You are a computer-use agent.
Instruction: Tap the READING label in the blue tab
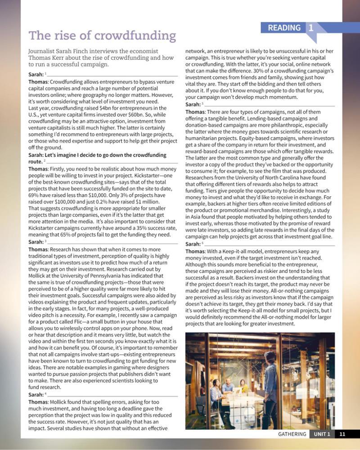point(284,28)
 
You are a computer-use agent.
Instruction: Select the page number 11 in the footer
point(342,434)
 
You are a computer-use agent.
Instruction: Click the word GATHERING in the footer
point(292,434)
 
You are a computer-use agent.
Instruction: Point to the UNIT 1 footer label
point(322,434)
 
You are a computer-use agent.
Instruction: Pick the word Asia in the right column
point(193,217)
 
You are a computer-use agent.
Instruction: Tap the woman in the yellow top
point(244,387)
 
